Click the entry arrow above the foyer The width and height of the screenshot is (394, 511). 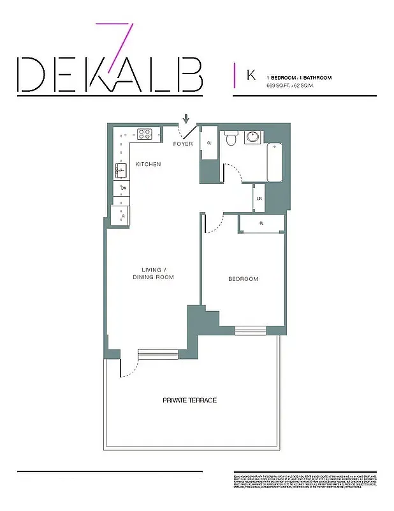point(186,119)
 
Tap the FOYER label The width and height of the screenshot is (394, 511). point(183,144)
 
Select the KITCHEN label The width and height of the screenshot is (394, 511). point(148,165)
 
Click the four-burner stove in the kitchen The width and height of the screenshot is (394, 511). point(145,134)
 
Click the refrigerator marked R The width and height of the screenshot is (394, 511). point(121,215)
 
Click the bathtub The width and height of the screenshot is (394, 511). point(275,163)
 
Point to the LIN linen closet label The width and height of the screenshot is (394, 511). point(259,199)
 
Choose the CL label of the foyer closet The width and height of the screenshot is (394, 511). point(209,142)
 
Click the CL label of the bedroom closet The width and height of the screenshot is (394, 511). point(261,224)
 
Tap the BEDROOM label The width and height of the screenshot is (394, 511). point(244,279)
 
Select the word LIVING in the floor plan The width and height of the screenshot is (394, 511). point(151,270)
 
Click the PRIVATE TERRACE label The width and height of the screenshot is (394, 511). point(189,400)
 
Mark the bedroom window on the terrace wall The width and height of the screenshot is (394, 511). point(245,330)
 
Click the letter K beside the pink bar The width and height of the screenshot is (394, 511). point(251,75)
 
